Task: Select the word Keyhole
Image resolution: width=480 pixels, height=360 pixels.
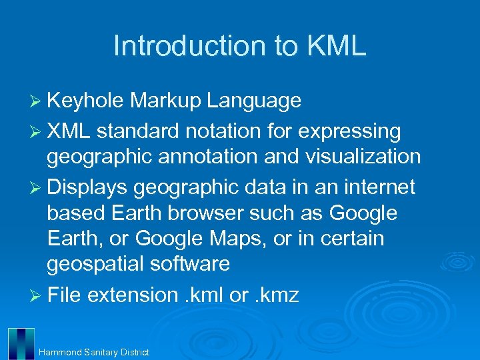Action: [x=85, y=101]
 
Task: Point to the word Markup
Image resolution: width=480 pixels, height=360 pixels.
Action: [x=165, y=101]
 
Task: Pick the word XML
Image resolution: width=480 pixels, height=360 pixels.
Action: [x=69, y=132]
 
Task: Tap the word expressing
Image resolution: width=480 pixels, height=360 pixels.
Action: [x=349, y=132]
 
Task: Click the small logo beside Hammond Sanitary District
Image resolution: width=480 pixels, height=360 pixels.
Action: [x=21, y=344]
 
